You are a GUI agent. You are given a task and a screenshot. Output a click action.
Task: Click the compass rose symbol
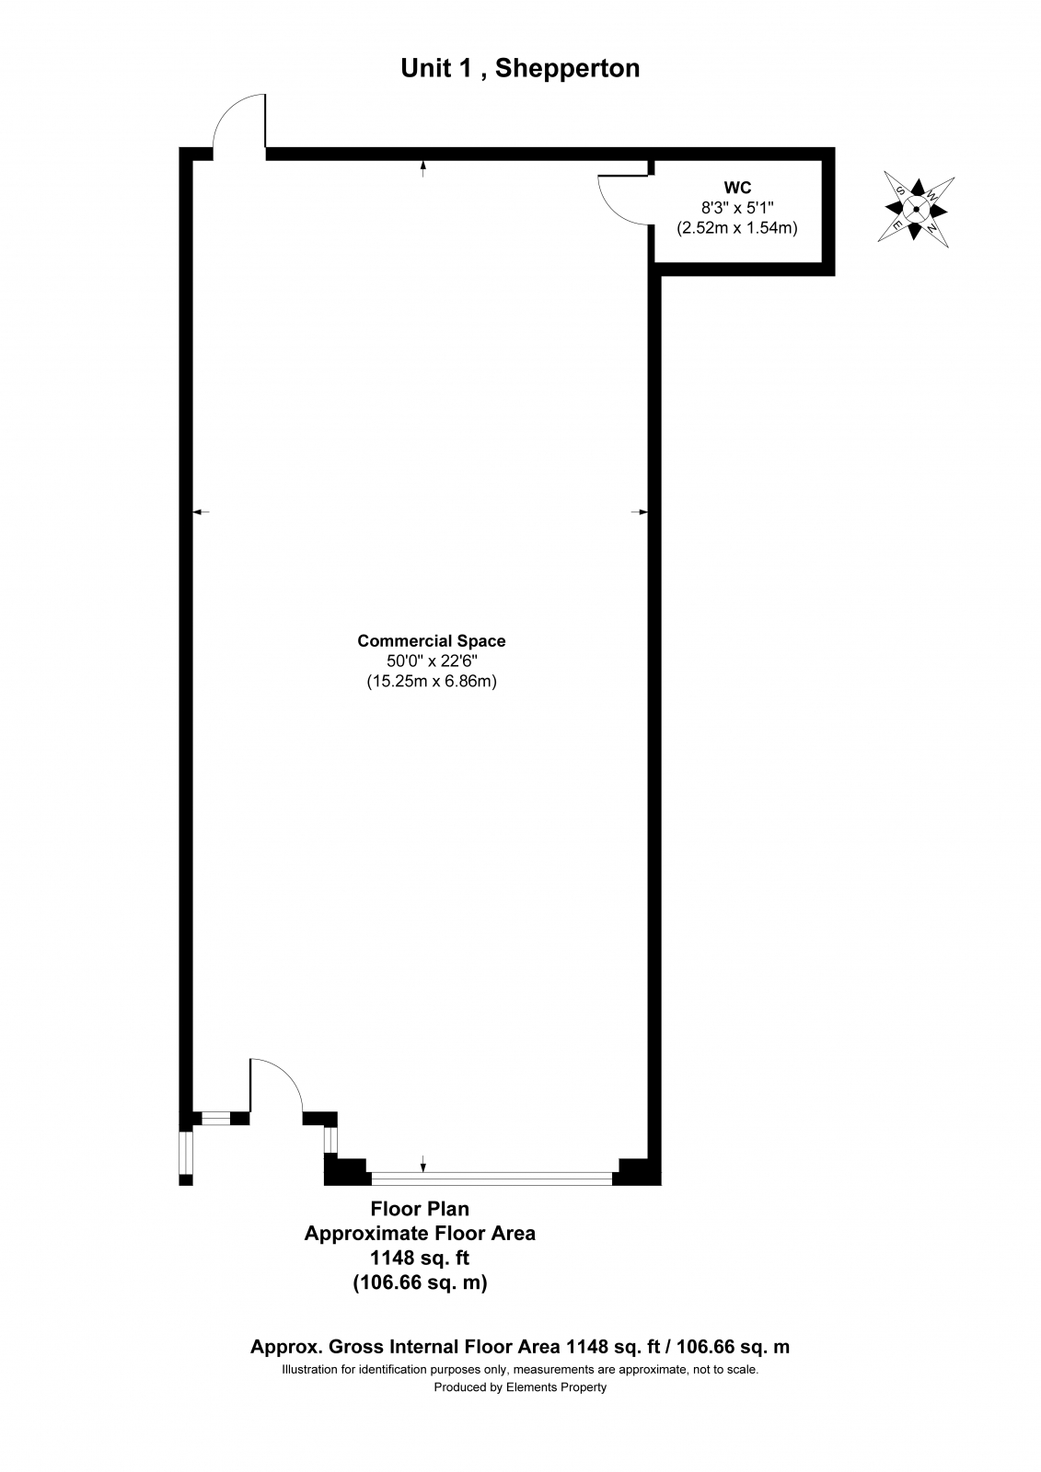click(x=915, y=210)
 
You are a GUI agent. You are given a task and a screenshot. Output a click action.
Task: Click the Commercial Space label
click(x=432, y=640)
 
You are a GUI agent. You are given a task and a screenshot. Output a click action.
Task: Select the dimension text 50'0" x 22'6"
click(x=432, y=661)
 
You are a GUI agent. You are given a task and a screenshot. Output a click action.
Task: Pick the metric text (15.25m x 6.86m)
click(x=432, y=682)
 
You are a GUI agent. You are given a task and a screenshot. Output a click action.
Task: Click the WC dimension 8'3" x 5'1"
click(x=737, y=208)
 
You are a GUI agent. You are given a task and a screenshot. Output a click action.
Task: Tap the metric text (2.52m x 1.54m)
click(x=737, y=228)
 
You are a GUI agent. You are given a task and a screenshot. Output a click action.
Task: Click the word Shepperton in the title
click(x=567, y=68)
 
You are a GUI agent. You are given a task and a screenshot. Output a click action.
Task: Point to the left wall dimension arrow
click(x=201, y=512)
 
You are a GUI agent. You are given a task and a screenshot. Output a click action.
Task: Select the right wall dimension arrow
click(x=639, y=512)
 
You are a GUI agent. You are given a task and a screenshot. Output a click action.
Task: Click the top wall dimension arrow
click(x=422, y=169)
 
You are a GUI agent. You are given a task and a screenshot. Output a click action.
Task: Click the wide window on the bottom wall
click(x=492, y=1179)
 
